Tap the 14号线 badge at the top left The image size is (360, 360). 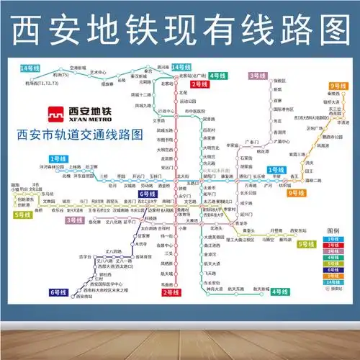pyautogui.click(x=30, y=68)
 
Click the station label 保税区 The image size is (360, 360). pyautogui.click(x=280, y=81)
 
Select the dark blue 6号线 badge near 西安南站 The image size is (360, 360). pyautogui.click(x=58, y=291)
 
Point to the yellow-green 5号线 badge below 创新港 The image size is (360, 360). pyautogui.click(x=24, y=214)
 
